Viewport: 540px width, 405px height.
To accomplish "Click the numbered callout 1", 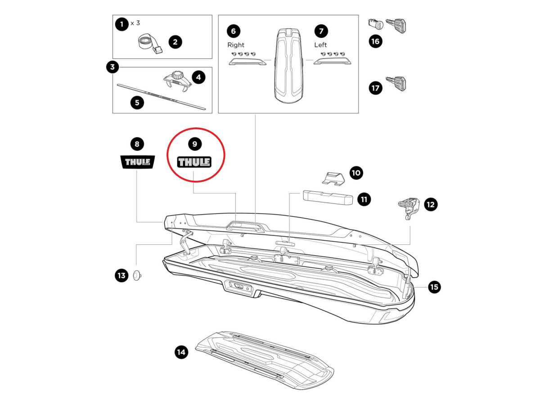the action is [121, 24].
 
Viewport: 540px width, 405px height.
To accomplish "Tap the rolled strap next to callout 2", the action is [149, 45].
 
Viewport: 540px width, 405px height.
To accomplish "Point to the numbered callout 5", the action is [137, 103].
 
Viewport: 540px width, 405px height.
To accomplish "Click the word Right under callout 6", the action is [235, 45].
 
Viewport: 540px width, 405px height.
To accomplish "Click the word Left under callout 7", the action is [320, 45].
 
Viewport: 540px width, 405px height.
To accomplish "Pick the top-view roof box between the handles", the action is [288, 66].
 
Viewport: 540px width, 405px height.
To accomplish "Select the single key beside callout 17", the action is [396, 84].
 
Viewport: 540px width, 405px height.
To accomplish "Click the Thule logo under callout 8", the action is [138, 162].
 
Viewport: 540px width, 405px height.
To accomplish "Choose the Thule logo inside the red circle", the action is [194, 162].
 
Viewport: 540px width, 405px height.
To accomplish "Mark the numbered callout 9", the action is [194, 144].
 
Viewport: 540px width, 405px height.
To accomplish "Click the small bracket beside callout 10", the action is [333, 178].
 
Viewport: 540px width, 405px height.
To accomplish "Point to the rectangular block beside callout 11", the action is [328, 198].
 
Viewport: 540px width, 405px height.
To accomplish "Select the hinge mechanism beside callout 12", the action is [409, 208].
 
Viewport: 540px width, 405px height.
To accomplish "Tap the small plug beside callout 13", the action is [137, 275].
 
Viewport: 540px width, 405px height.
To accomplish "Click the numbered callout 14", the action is [181, 352].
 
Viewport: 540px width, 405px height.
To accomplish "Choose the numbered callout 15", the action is [434, 287].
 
